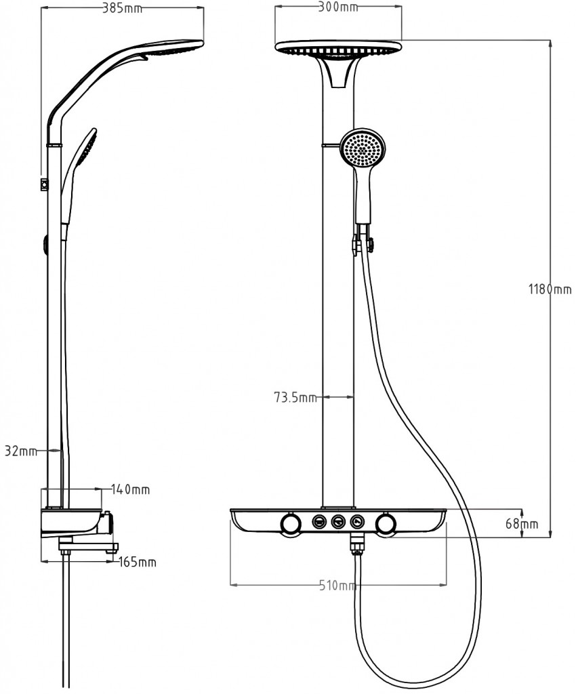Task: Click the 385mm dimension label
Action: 123,8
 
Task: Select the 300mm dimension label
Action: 338,7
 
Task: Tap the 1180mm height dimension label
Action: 550,289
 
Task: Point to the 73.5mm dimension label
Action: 295,397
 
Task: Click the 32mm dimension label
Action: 21,451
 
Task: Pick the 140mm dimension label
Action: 131,489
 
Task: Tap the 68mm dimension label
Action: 522,524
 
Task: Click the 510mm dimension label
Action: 337,586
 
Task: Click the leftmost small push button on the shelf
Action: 319,522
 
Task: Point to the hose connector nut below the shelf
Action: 356,544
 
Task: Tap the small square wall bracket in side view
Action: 44,184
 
